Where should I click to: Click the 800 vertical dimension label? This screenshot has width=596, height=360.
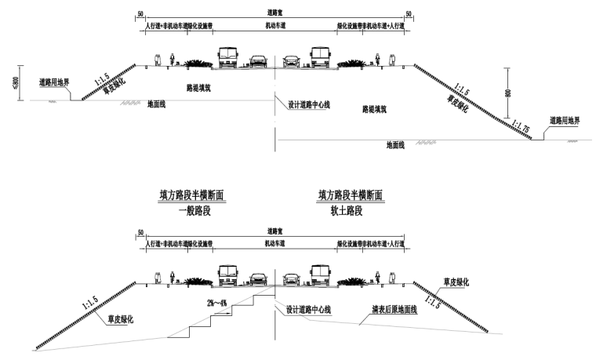click(x=509, y=92)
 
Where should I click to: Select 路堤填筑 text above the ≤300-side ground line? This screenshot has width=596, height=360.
click(x=198, y=88)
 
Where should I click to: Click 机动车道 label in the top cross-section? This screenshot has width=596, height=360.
click(x=274, y=26)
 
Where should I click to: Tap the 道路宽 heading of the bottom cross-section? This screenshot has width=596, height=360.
click(x=274, y=232)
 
